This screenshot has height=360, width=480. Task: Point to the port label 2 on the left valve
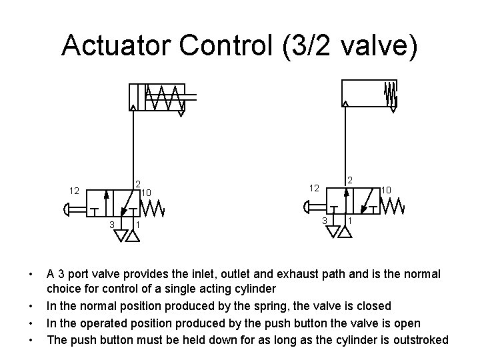(137, 183)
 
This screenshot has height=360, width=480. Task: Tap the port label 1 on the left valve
(137, 225)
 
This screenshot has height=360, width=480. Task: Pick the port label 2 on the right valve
(351, 179)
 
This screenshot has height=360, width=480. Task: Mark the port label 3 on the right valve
(324, 221)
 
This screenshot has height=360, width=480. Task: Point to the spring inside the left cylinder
(164, 98)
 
